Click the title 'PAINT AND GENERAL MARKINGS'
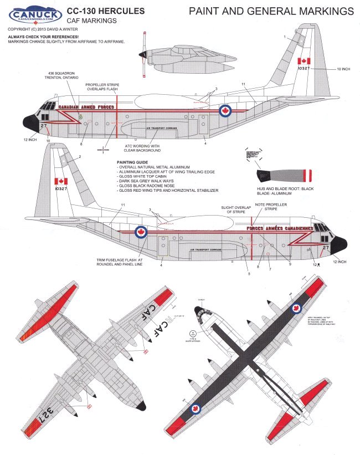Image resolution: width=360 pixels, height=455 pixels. coord(271,11)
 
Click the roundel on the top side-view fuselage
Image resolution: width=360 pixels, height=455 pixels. coord(225,111)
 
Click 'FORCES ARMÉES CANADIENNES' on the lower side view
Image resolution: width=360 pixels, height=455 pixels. coord(280,228)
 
